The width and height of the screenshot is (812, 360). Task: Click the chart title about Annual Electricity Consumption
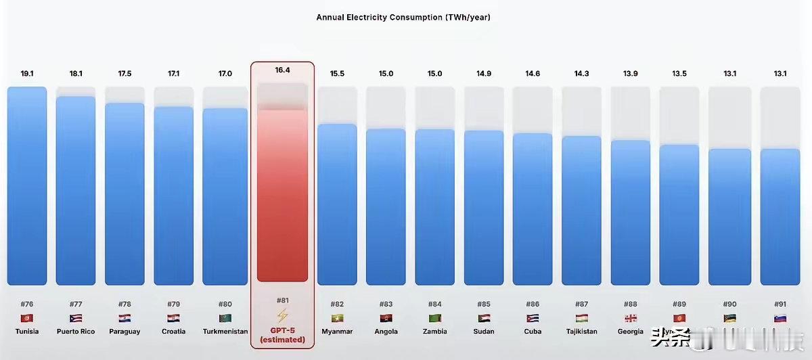click(403, 18)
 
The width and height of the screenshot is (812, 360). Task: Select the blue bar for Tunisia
click(27, 186)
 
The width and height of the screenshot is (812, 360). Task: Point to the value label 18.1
click(76, 73)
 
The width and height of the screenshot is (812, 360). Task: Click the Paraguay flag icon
click(125, 318)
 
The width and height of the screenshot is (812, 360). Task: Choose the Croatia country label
click(173, 332)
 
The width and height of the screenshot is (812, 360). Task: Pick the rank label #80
click(225, 305)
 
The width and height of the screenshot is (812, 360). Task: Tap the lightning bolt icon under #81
click(282, 315)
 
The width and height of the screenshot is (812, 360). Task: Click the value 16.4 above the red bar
click(282, 70)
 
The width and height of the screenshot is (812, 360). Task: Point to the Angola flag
click(386, 318)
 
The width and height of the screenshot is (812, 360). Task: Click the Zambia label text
click(434, 332)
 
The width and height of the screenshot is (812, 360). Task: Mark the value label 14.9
click(484, 73)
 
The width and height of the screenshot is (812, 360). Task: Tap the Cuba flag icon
click(533, 318)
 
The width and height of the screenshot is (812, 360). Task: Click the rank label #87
click(581, 305)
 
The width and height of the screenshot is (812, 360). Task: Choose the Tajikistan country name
click(581, 332)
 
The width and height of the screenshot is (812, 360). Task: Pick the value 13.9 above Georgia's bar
click(630, 73)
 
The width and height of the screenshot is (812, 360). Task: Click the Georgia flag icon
click(630, 318)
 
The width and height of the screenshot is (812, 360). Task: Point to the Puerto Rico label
click(76, 332)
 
